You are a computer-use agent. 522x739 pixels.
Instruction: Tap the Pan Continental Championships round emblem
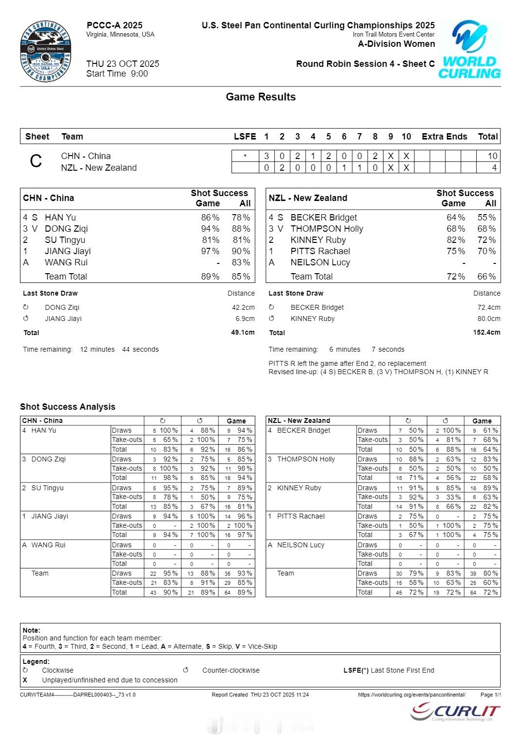click(x=46, y=52)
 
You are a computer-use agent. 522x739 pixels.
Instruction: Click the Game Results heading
click(x=261, y=97)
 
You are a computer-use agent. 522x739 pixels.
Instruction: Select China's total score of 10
click(x=492, y=156)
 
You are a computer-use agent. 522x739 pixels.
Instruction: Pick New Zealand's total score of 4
click(x=494, y=168)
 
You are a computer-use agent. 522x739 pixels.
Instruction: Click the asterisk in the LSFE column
click(x=245, y=157)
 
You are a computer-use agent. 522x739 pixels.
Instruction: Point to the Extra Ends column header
click(x=444, y=137)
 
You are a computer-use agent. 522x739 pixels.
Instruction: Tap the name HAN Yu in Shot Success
click(x=60, y=218)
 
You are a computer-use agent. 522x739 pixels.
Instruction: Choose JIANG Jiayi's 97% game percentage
click(x=210, y=251)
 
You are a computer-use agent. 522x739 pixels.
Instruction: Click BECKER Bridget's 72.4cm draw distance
click(x=488, y=307)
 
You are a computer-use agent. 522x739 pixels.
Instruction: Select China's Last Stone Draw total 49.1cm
click(x=242, y=333)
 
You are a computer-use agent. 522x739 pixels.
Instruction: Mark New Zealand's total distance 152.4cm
click(x=486, y=333)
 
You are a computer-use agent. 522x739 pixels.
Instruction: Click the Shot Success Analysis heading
click(x=68, y=407)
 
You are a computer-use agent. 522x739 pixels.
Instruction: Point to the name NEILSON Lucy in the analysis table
click(x=300, y=545)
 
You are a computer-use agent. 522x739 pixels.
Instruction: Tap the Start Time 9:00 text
click(x=117, y=74)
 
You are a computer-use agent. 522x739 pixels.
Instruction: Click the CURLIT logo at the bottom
click(x=455, y=712)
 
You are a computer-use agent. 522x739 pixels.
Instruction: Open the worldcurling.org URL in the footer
click(x=411, y=695)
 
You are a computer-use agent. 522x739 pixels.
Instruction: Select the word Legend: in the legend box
click(x=36, y=661)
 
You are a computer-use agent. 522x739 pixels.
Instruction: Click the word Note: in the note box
click(x=31, y=630)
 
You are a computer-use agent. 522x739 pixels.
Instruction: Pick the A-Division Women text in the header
click(x=396, y=44)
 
